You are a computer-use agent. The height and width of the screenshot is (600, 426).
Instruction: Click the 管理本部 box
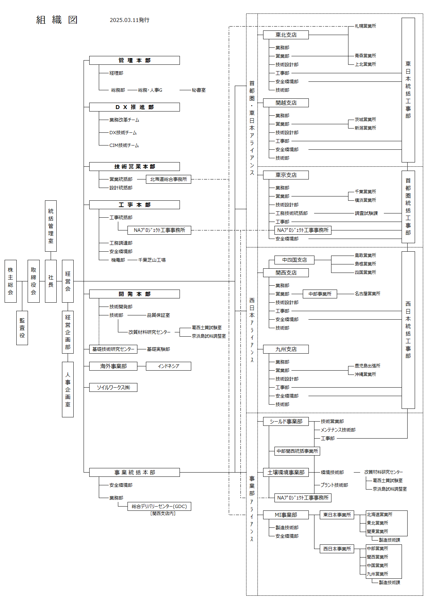pos(135,60)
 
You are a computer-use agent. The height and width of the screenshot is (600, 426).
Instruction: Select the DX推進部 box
pos(135,107)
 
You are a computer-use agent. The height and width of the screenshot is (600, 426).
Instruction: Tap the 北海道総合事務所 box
pos(169,179)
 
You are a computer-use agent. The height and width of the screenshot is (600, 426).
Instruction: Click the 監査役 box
pos(22,328)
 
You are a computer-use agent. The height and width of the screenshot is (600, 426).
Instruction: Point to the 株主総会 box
pos(11,281)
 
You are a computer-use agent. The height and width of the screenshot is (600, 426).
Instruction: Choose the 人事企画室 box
pos(68,389)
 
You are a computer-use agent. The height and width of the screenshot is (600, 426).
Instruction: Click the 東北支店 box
pos(286,35)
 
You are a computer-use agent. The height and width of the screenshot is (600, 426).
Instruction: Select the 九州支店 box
pos(286,349)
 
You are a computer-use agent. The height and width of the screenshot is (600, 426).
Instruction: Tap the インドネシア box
pos(169,366)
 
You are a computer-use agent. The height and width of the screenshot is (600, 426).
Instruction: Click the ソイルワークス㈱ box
pos(113,387)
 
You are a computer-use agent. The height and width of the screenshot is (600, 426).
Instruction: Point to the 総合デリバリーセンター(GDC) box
pos(159,506)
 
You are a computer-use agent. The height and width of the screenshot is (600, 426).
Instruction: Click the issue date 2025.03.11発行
pos(130,20)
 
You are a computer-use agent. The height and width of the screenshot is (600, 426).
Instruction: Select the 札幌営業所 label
pos(365,26)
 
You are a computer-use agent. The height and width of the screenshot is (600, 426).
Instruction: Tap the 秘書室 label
pos(199,90)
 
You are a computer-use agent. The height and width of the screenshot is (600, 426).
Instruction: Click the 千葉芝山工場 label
pos(152,260)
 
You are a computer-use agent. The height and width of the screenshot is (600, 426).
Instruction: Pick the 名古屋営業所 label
pos(367,293)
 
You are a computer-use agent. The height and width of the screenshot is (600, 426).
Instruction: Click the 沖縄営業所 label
pos(365,374)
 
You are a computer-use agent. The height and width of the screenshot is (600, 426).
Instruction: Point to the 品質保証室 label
pos(158,315)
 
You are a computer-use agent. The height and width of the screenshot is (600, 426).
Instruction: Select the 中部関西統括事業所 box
pos(297,451)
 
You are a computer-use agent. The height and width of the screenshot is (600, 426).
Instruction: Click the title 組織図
pos(57,20)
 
